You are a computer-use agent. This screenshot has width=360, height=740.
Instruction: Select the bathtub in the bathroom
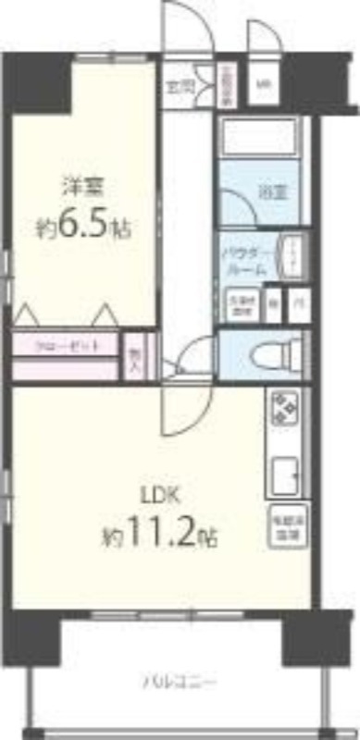[259, 137]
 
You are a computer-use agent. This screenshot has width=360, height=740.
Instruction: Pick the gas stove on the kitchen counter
[284, 406]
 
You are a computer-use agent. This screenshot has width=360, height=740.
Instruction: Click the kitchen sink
[284, 475]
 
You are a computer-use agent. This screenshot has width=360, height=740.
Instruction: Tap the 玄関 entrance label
[180, 88]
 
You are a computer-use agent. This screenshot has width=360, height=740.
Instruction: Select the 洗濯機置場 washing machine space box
[240, 306]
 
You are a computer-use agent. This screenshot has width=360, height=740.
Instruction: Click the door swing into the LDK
[176, 407]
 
